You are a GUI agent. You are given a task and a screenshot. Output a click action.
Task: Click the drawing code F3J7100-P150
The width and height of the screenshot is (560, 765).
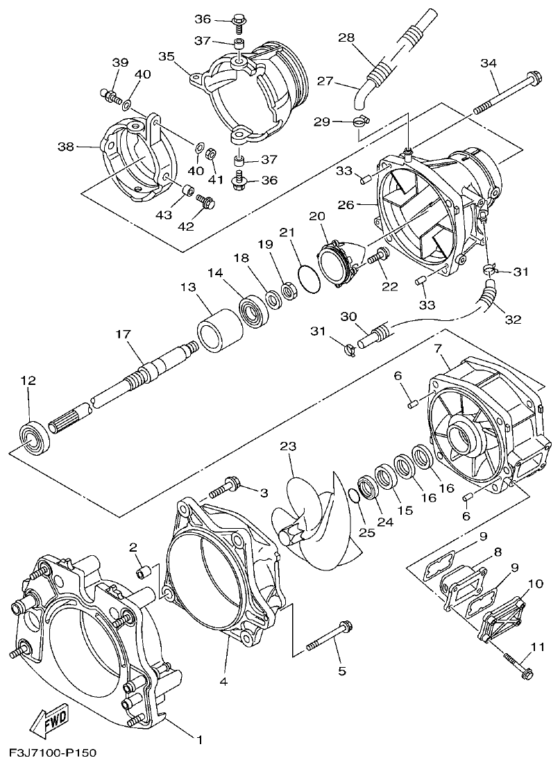point(53,753)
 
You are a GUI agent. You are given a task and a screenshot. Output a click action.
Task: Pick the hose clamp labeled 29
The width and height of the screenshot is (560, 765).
point(359,123)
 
